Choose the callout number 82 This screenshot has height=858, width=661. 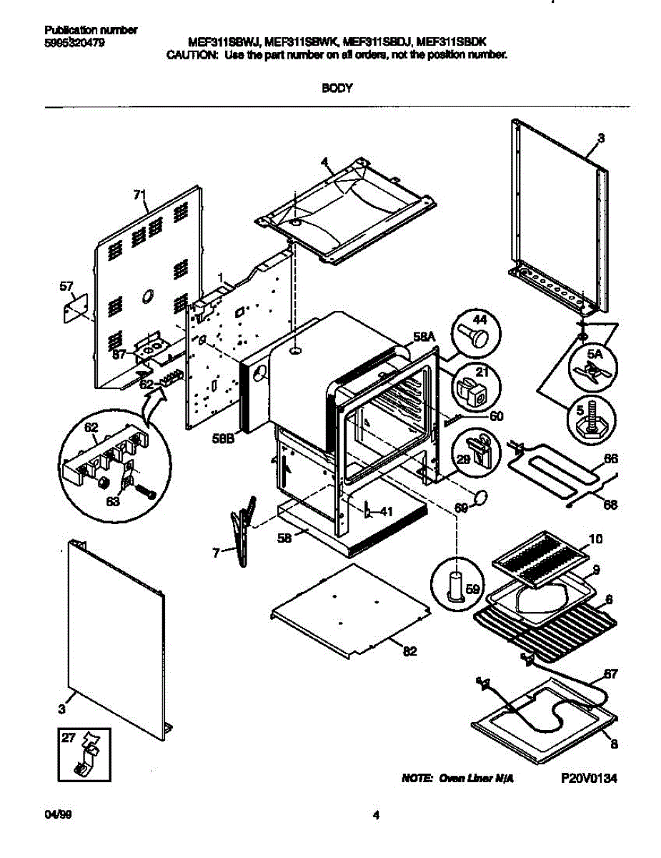pyautogui.click(x=410, y=651)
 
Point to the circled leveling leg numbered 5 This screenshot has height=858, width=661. pyautogui.click(x=590, y=418)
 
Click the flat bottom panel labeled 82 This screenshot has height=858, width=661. pyautogui.click(x=350, y=610)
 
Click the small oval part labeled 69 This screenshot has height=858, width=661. pyautogui.click(x=482, y=495)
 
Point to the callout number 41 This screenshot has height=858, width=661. pyautogui.click(x=385, y=511)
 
